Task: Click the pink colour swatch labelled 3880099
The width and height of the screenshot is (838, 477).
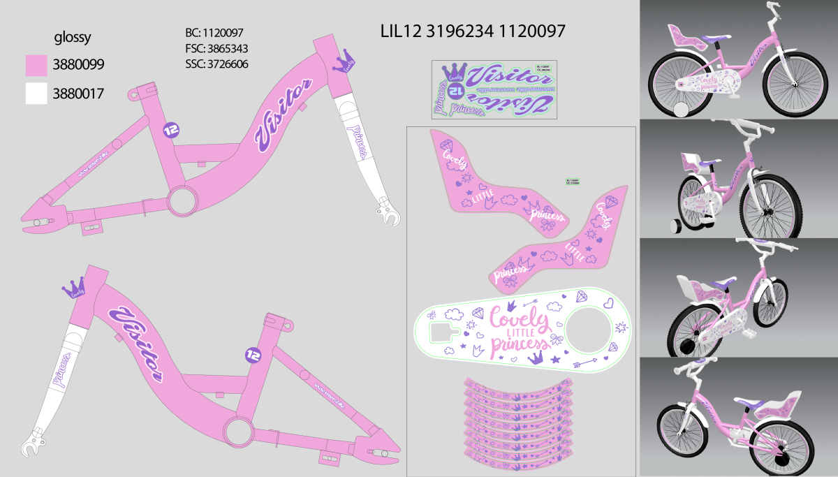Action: pos(37,66)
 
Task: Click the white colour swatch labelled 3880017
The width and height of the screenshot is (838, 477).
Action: pos(37,94)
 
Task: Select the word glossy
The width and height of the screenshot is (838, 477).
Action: pos(73,37)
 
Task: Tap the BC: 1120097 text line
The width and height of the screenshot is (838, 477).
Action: pos(214,32)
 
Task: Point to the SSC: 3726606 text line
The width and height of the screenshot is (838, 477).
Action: pos(216,64)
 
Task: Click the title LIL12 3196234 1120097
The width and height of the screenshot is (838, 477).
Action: pos(472,31)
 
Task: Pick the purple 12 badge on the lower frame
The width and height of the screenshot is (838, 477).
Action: pos(253,355)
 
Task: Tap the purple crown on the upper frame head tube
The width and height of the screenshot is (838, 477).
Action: pos(347,64)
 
